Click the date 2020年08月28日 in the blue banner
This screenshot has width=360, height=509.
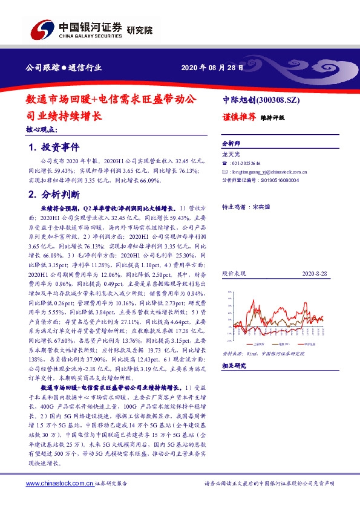pyautogui.click(x=213, y=68)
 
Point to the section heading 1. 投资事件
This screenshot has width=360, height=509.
pyautogui.click(x=53, y=148)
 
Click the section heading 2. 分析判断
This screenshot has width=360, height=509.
pyautogui.click(x=53, y=194)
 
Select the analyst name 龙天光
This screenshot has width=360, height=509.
pyautogui.click(x=231, y=155)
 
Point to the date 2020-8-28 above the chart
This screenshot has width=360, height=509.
pyautogui.click(x=314, y=274)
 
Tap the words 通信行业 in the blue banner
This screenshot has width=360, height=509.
pyautogui.click(x=85, y=68)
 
